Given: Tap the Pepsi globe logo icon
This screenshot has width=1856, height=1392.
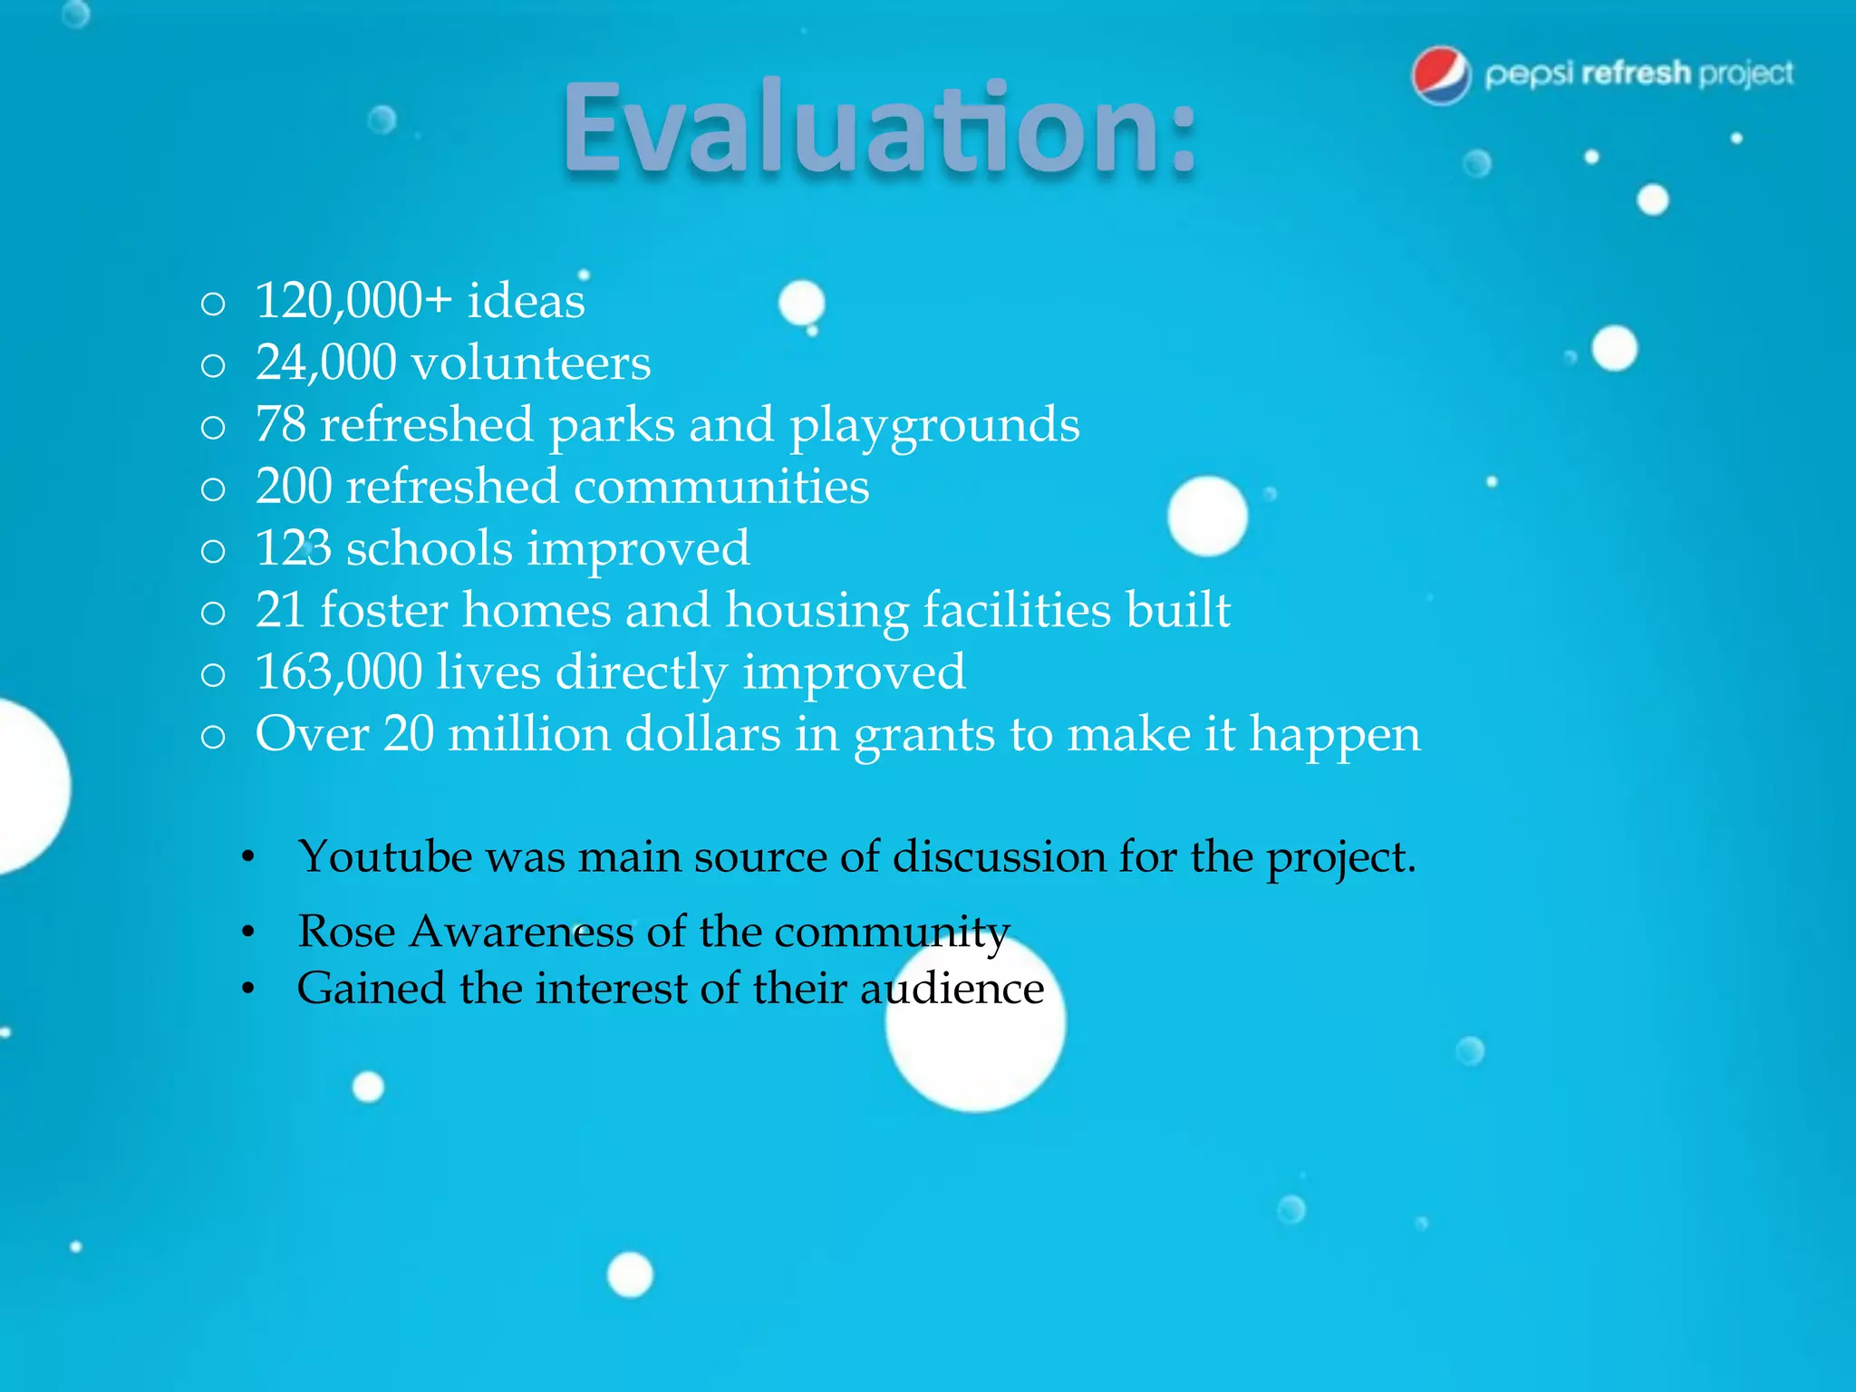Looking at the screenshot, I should click(x=1441, y=75).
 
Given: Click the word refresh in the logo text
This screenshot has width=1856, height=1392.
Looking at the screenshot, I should click(x=1636, y=72).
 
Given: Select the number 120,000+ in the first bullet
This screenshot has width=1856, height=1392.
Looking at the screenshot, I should click(x=353, y=301).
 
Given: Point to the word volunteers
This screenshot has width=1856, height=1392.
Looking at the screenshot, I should click(x=531, y=363).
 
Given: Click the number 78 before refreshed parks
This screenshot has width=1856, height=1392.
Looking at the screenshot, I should click(x=281, y=425).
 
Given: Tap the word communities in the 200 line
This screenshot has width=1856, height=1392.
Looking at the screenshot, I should click(x=721, y=487).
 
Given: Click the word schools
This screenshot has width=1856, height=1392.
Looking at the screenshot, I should click(x=430, y=549).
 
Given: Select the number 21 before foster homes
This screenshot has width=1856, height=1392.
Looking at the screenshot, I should click(x=279, y=610).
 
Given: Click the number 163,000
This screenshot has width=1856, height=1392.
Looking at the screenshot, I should click(x=339, y=672).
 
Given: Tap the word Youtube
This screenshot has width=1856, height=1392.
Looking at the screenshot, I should click(x=385, y=857).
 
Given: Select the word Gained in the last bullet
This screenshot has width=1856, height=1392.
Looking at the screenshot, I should click(x=371, y=989).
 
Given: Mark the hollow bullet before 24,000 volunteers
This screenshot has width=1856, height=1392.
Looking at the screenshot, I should click(x=213, y=366).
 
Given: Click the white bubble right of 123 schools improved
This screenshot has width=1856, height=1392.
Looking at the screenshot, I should click(x=1207, y=516).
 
